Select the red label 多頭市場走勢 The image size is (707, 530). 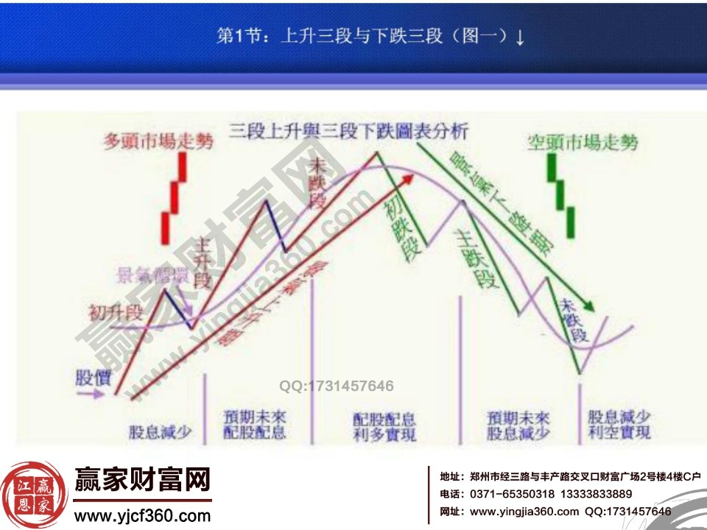158,141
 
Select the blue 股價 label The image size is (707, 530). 93,377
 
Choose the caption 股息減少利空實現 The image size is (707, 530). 619,425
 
